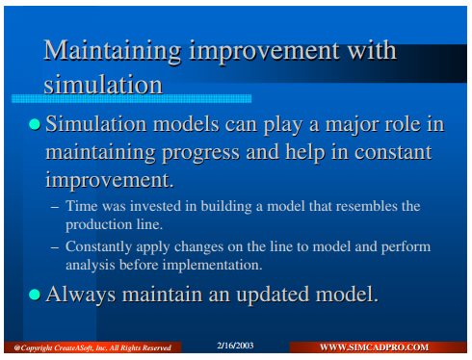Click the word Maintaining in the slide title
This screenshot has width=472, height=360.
tap(112, 52)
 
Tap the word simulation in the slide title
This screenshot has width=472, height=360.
tap(103, 85)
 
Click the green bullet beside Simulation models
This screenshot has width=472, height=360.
tap(35, 124)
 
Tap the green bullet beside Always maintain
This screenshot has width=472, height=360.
tap(35, 295)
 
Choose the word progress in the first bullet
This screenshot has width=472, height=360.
tap(200, 153)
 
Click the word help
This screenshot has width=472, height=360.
tap(305, 152)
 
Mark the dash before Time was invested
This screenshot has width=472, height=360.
tap(55, 207)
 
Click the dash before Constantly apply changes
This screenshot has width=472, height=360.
tap(55, 247)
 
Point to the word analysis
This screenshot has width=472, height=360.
tap(91, 266)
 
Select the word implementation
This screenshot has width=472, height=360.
tap(212, 266)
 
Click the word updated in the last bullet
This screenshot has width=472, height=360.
tap(273, 295)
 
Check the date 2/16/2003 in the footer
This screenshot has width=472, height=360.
tap(235, 346)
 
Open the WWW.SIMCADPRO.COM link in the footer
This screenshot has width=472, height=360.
tap(374, 347)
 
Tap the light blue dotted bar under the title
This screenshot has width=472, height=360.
tap(131, 98)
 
